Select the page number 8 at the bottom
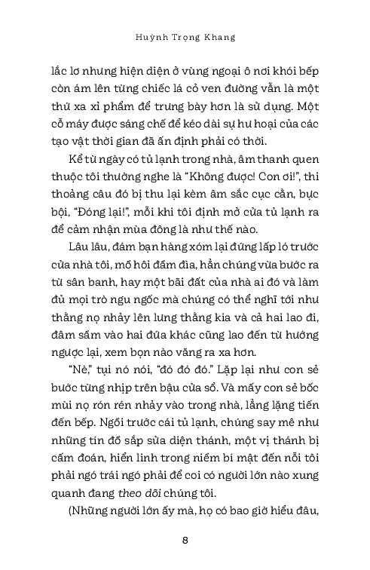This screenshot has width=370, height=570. coord(185,540)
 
